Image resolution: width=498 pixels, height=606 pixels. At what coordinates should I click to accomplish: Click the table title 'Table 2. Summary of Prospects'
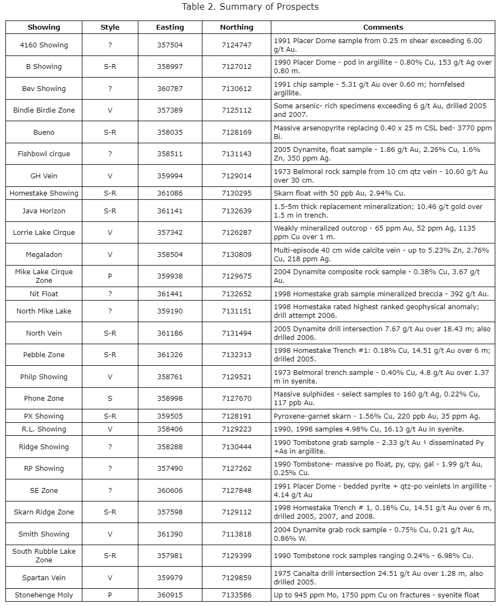(x=250, y=6)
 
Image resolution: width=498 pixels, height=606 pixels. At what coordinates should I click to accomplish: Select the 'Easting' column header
(x=170, y=27)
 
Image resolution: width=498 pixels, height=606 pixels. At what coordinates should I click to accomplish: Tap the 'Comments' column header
(x=383, y=27)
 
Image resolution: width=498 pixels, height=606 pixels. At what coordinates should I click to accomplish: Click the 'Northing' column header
(x=236, y=27)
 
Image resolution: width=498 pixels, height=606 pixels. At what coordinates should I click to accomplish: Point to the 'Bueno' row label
(x=44, y=132)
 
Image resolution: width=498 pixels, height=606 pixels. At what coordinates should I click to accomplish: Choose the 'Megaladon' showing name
(x=44, y=254)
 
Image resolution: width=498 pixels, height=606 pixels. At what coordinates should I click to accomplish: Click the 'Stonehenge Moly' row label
(x=44, y=595)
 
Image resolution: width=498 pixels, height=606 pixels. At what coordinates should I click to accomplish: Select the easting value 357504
(x=170, y=45)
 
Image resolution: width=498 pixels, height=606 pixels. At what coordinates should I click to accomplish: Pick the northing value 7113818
(x=236, y=534)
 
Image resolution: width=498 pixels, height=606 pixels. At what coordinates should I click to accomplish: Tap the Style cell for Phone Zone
(x=110, y=399)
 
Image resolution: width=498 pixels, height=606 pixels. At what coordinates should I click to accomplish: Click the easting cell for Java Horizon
(x=170, y=211)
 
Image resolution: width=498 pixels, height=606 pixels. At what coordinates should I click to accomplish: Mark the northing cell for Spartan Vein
(x=236, y=577)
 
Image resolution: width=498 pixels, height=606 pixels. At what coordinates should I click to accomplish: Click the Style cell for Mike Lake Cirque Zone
(x=110, y=276)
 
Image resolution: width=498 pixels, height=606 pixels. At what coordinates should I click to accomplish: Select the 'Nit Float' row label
(x=44, y=294)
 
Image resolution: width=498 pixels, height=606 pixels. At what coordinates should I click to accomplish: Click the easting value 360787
(x=170, y=88)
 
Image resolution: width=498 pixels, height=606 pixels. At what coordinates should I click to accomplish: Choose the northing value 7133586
(x=236, y=595)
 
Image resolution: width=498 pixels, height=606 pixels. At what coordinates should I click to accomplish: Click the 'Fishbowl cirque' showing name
(x=44, y=154)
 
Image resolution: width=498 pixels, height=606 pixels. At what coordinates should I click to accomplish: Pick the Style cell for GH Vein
(x=110, y=176)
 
